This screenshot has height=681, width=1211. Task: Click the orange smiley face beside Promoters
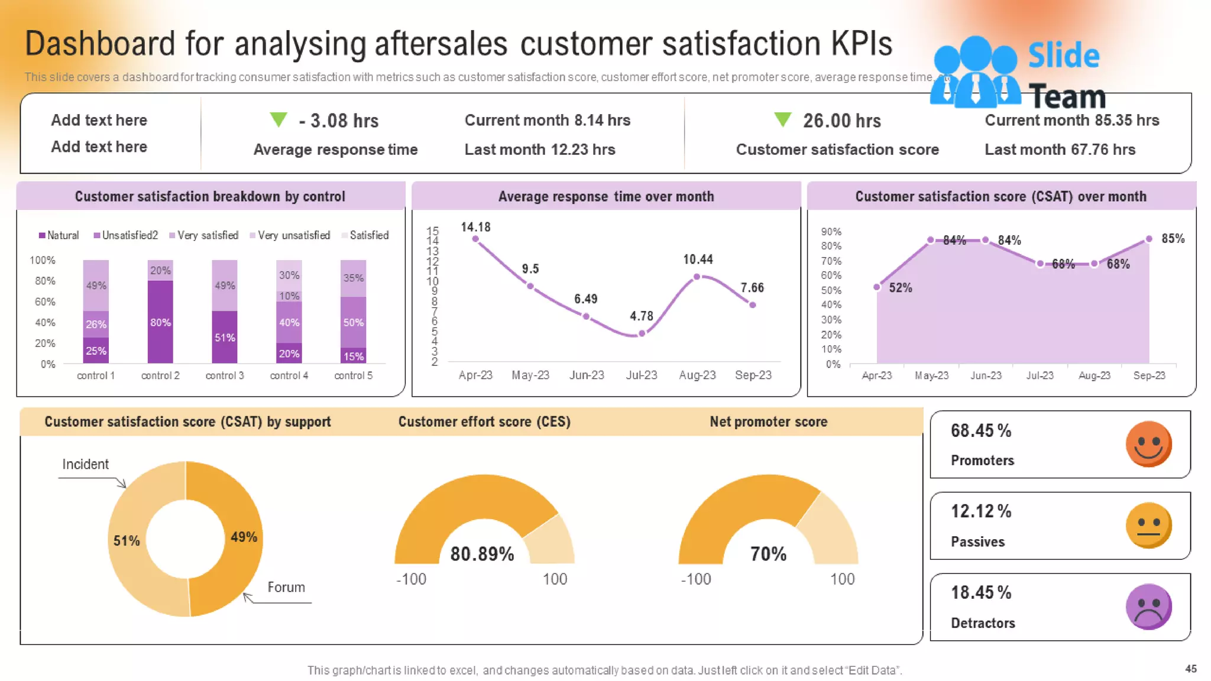click(1148, 443)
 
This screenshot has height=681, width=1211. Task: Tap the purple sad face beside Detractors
click(1148, 607)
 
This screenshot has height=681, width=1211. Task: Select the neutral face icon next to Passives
click(1148, 525)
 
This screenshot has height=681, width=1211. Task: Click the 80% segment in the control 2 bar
click(160, 322)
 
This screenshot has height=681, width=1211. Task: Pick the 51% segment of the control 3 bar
click(225, 338)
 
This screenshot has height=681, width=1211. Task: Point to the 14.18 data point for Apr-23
click(475, 239)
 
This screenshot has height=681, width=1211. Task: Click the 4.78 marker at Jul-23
click(642, 333)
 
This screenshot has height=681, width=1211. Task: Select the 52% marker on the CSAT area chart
click(877, 287)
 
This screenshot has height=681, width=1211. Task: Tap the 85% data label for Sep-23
click(1173, 239)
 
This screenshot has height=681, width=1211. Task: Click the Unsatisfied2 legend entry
click(126, 235)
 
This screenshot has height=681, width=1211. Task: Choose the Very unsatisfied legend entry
click(290, 235)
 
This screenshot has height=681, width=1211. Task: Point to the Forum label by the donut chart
click(286, 587)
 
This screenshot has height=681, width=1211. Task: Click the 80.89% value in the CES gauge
click(482, 554)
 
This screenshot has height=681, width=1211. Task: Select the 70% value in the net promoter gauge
click(768, 554)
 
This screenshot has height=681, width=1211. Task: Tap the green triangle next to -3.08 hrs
click(279, 119)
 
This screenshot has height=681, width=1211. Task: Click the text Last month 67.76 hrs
click(1060, 150)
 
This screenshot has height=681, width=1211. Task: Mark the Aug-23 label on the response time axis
click(697, 375)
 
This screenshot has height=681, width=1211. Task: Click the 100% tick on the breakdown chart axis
click(43, 260)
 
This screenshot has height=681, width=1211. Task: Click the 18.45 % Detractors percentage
click(981, 592)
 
